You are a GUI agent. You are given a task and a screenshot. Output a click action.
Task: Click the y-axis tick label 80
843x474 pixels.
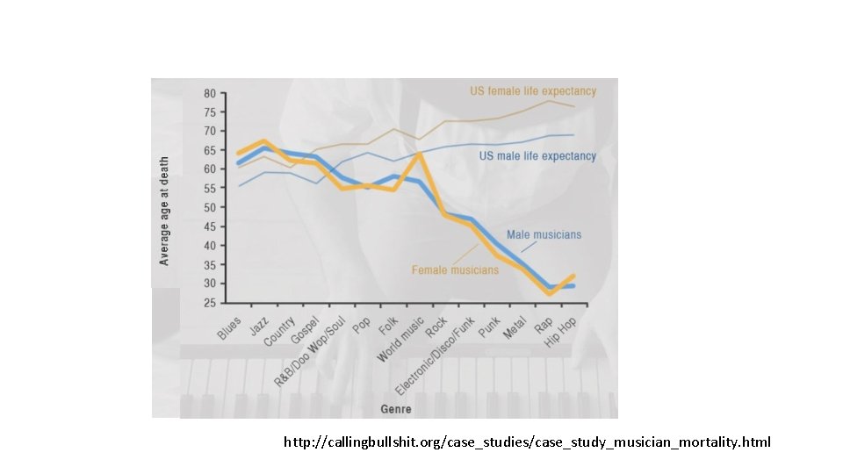211,93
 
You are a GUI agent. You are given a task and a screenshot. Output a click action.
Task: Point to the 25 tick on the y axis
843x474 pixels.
211,302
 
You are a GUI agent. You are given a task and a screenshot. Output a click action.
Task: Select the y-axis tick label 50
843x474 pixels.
211,207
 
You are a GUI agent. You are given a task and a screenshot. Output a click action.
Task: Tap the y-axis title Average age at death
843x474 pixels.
164,211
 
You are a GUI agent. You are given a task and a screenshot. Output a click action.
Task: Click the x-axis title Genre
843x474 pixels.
396,409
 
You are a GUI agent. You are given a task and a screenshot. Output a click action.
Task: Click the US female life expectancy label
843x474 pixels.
532,91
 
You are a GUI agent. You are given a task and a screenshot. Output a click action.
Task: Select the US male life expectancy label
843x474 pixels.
537,156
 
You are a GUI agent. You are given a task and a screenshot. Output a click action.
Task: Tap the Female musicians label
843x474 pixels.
455,269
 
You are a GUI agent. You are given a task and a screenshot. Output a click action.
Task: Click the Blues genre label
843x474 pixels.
229,328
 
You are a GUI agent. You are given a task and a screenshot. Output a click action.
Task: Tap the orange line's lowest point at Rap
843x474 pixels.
550,293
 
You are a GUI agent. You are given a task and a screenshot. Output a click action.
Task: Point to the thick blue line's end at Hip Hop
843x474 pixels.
573,285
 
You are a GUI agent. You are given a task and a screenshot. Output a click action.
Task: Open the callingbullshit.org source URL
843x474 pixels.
527,442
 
